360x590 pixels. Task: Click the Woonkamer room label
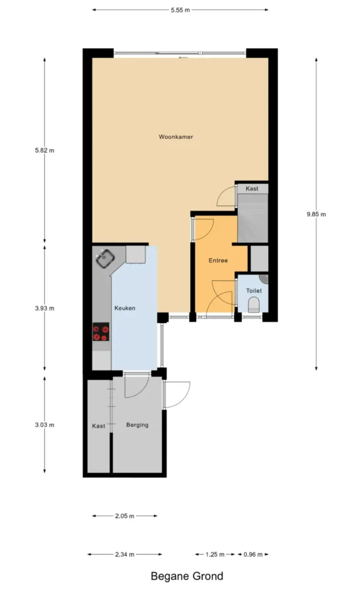pos(176,137)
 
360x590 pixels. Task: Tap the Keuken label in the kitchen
pos(125,308)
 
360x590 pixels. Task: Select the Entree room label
pos(218,260)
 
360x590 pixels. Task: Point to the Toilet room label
pos(254,291)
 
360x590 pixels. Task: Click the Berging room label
pos(137,425)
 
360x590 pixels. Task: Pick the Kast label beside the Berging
pos(98,426)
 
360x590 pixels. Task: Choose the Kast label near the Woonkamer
pos(252,188)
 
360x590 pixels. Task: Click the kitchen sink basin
pos(105,258)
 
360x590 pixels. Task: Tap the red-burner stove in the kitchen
pos(101,332)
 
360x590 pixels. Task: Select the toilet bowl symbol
pos(254,305)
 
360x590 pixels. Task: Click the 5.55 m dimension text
pos(180,10)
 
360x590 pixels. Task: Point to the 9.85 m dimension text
pos(316,214)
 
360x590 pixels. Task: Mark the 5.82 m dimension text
pos(44,150)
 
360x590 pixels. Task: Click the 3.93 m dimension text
pos(44,308)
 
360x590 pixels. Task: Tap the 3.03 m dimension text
pos(44,425)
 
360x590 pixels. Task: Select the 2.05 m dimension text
pos(125,516)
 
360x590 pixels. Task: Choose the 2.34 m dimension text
pos(125,554)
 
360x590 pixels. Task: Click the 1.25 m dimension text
pos(215,554)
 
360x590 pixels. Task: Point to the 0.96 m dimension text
pos(253,554)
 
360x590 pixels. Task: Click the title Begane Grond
pos(187,576)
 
